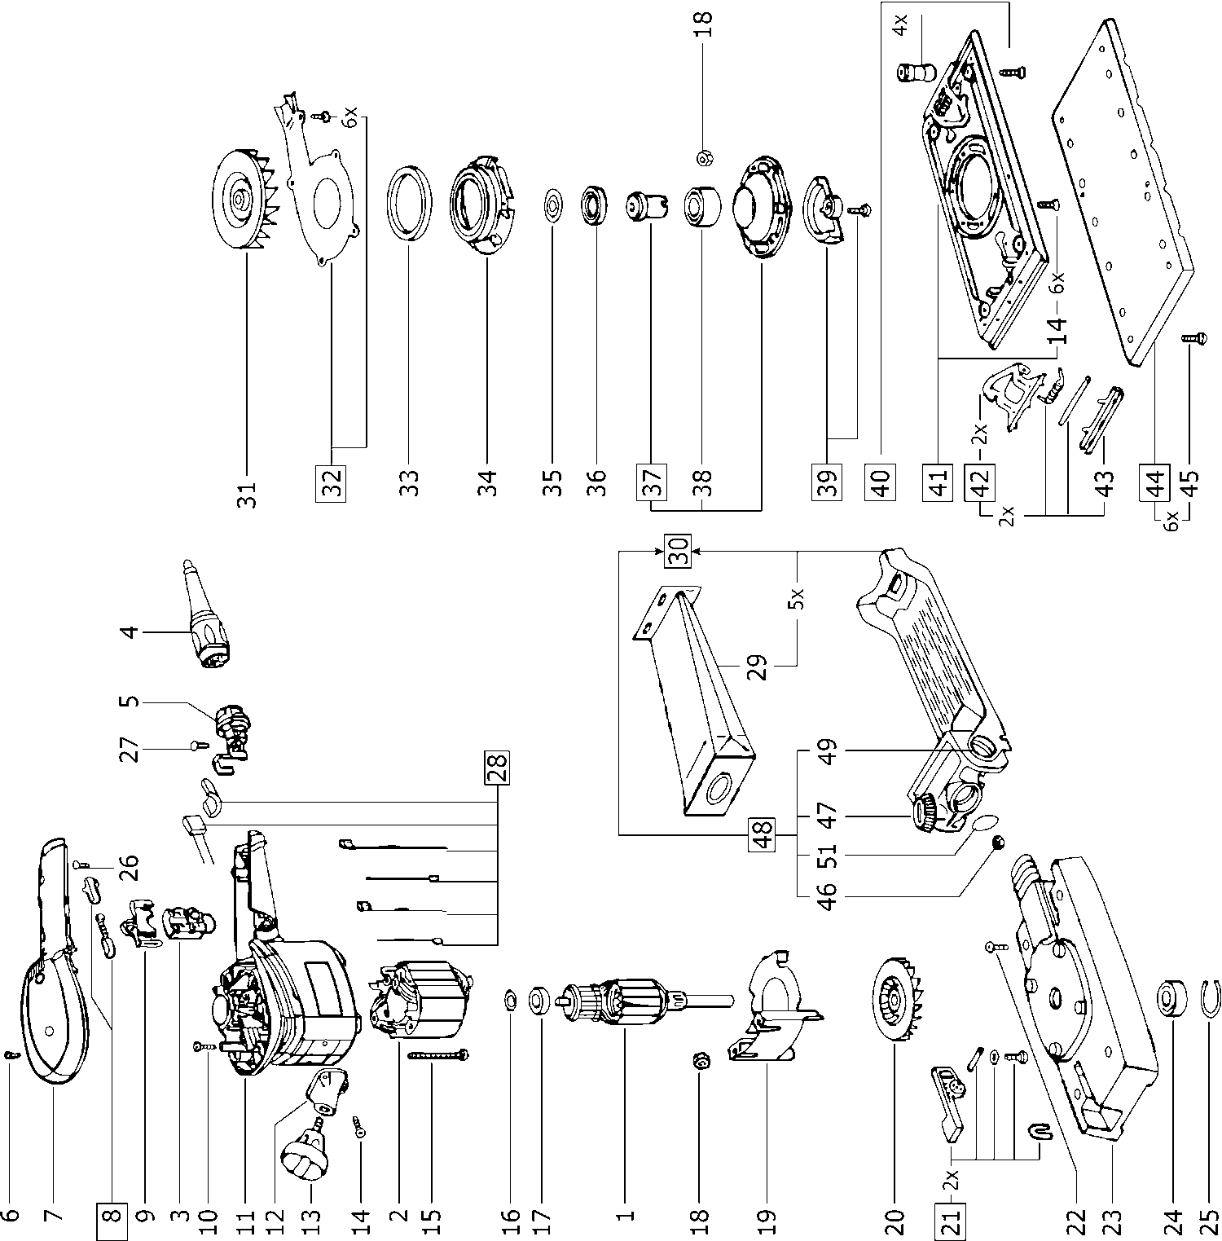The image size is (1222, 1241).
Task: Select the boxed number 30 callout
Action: tap(680, 550)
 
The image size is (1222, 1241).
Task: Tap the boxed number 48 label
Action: tap(763, 834)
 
